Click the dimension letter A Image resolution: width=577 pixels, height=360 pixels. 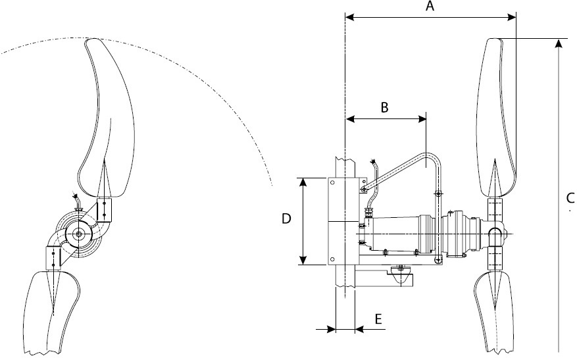430,6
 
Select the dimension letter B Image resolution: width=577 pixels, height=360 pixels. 384,107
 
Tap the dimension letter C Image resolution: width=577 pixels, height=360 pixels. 570,198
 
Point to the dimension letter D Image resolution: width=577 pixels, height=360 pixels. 286,219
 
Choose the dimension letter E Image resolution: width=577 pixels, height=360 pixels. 378,319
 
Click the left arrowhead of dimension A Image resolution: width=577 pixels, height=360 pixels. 349,17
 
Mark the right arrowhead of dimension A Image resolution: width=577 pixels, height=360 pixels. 511,17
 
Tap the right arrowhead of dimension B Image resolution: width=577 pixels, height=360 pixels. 422,118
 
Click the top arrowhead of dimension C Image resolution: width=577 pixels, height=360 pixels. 559,43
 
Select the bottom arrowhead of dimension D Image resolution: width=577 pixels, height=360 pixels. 303,260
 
